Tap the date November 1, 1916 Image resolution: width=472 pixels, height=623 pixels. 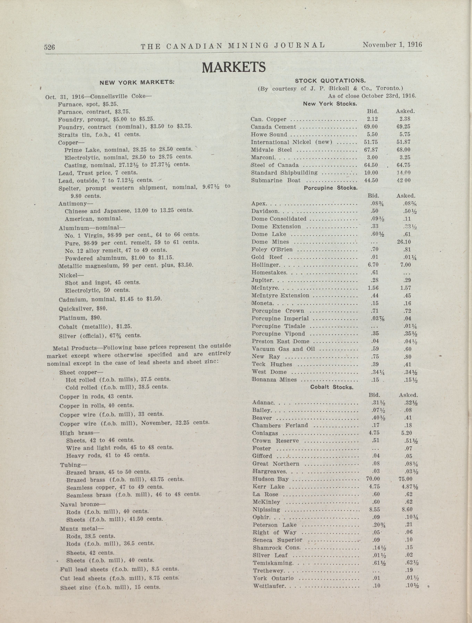392,44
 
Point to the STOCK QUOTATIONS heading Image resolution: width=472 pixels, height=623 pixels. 330,81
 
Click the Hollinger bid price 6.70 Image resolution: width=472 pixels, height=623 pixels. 373,265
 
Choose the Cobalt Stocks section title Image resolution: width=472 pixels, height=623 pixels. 331,387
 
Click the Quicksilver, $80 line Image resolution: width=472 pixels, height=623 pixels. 83,309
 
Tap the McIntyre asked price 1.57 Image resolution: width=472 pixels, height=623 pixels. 405,288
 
